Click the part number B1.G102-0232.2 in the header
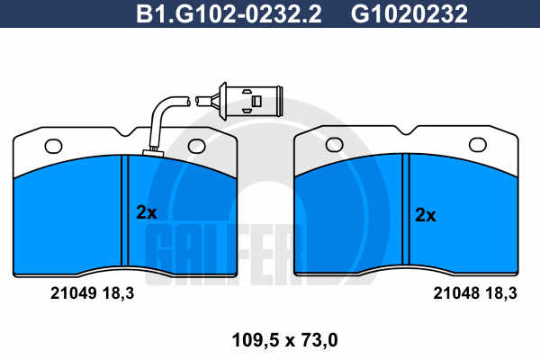(229, 13)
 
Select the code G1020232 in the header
(409, 13)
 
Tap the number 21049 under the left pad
(73, 293)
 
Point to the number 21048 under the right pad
(456, 293)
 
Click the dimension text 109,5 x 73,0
(284, 340)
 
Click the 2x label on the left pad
(147, 212)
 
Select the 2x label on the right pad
(426, 215)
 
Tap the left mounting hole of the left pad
(53, 147)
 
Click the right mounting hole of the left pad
(196, 146)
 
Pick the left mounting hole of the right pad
(334, 145)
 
